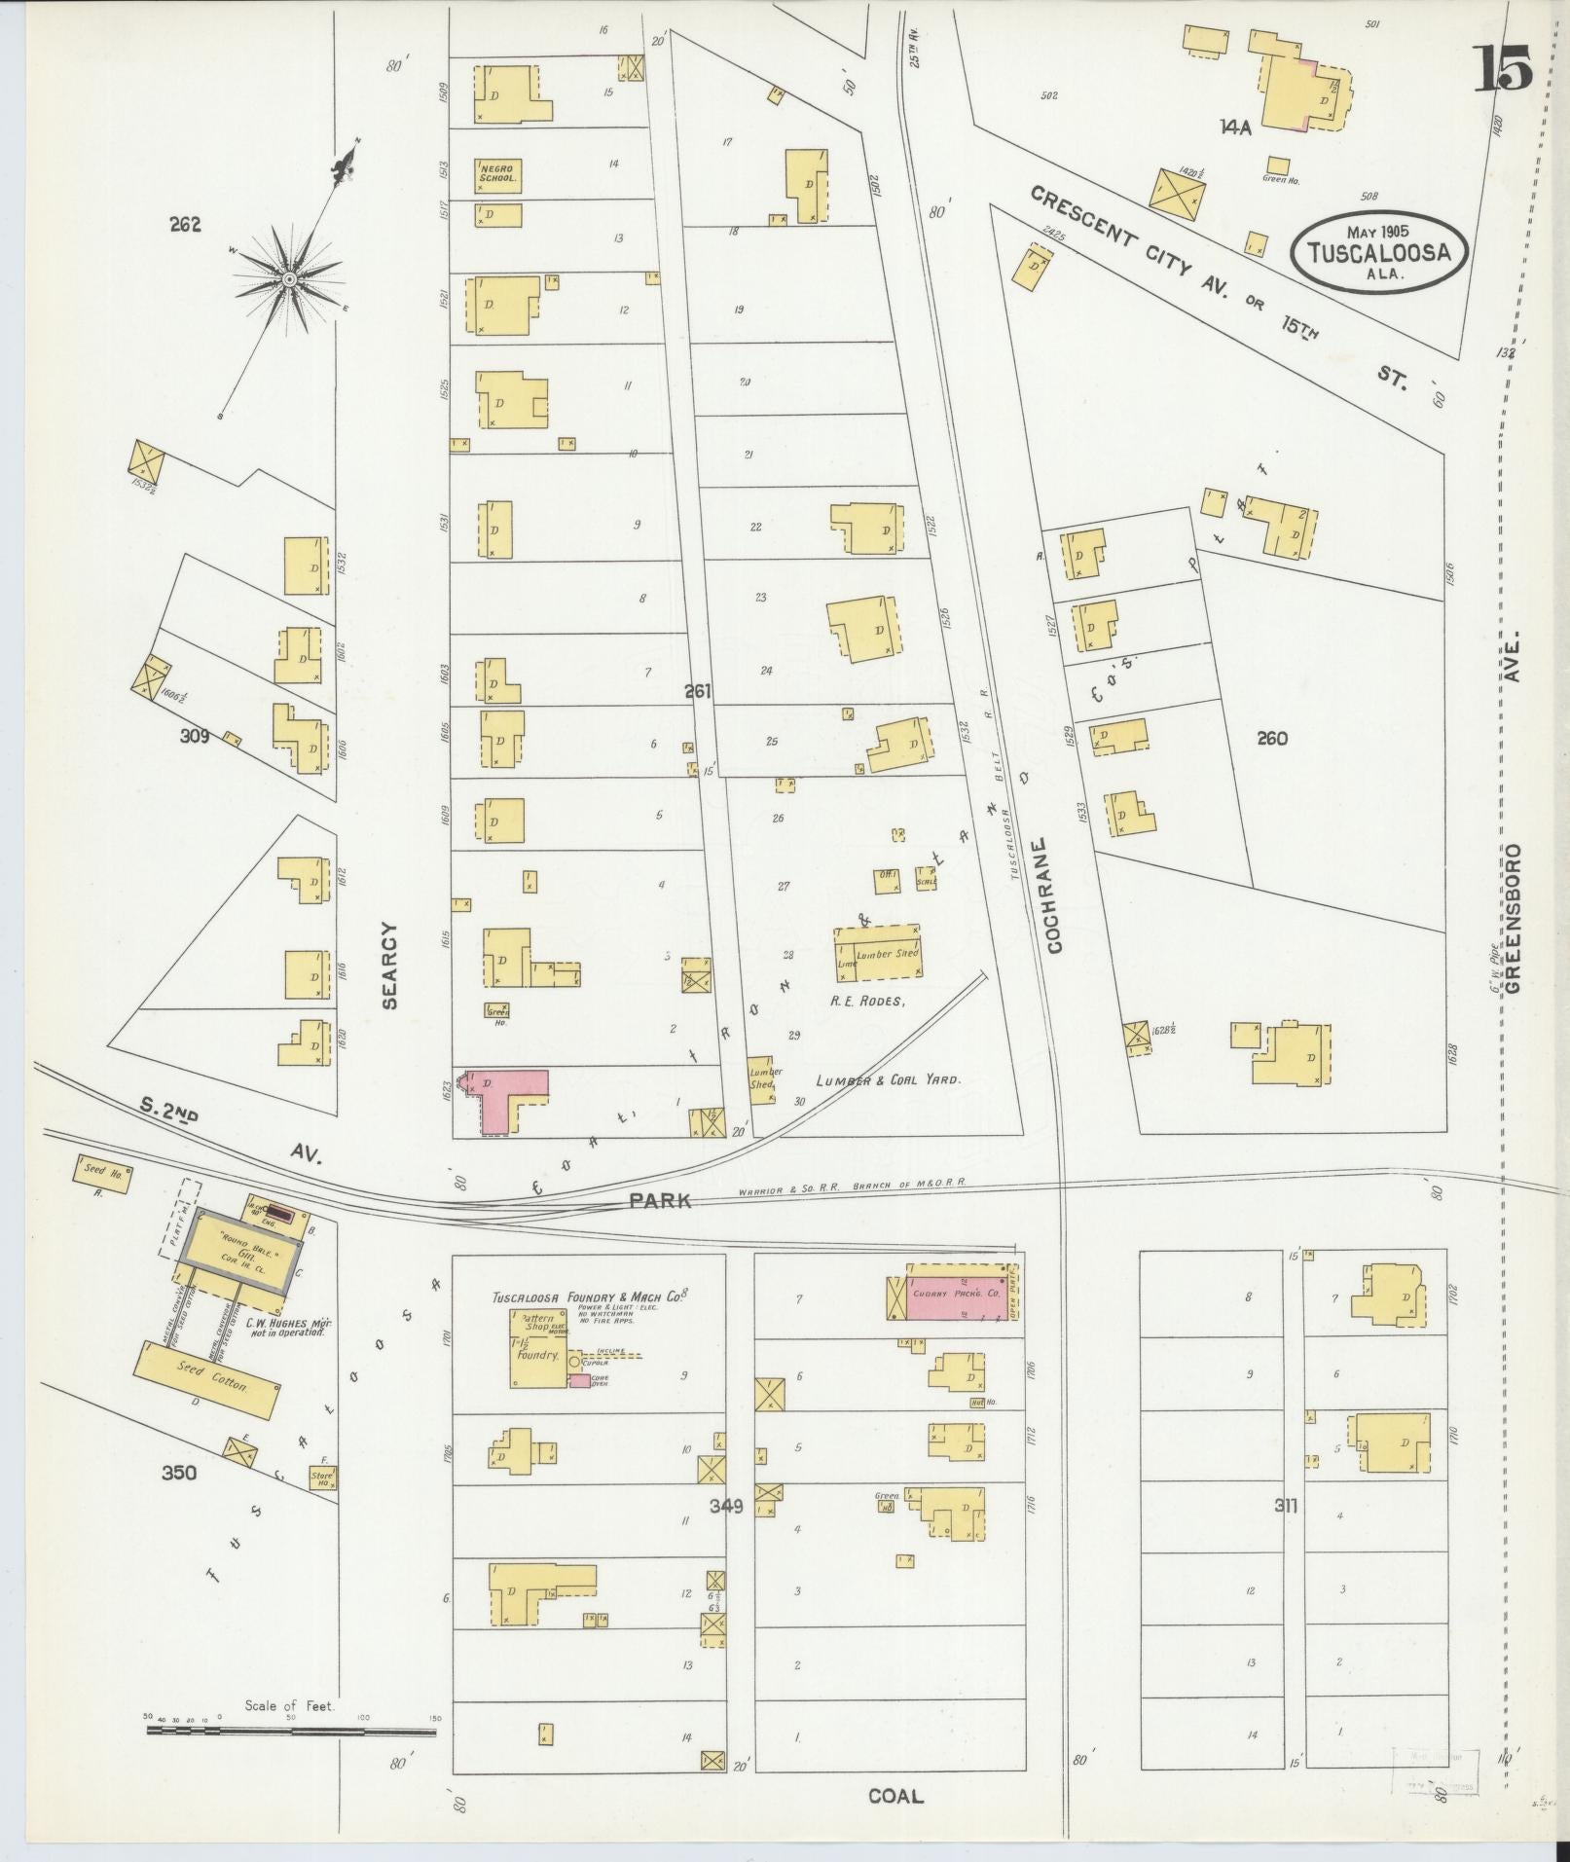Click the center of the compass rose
point(289,279)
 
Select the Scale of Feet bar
point(291,1050)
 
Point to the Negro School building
point(497,173)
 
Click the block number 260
point(1271,739)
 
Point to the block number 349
point(726,1506)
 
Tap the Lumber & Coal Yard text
point(889,1079)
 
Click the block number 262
point(184,225)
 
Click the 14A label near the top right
point(1233,126)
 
